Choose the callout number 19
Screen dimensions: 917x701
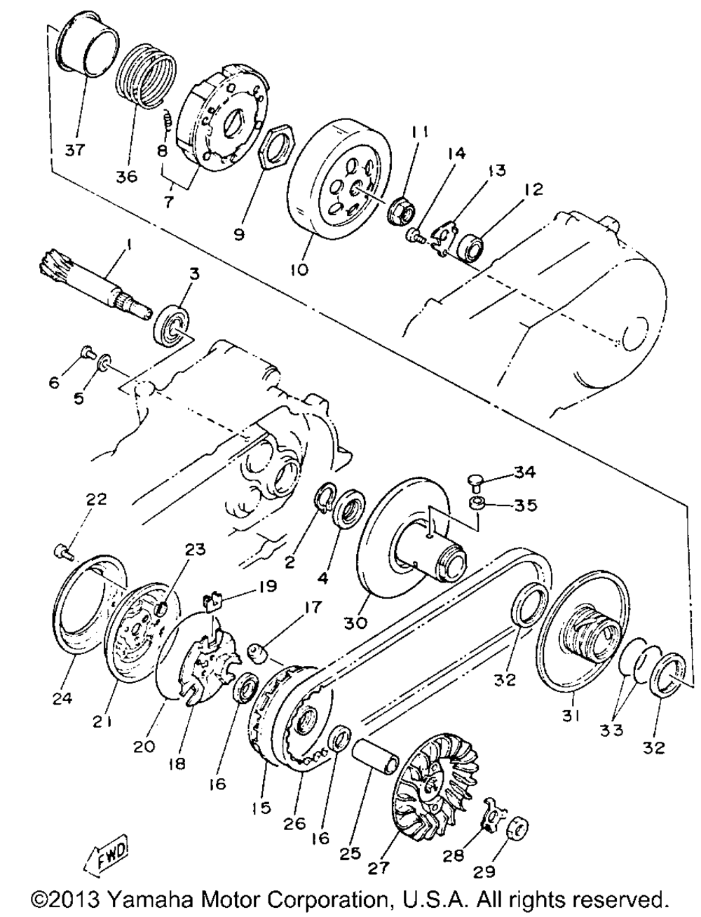[x=267, y=585]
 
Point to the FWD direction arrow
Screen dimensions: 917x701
[x=107, y=855]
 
